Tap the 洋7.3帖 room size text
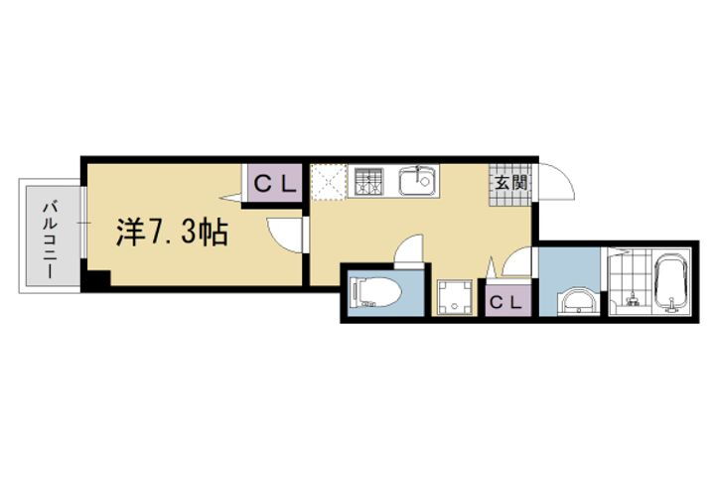[x=173, y=234]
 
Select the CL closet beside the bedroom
[x=271, y=183]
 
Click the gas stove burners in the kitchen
[x=368, y=182]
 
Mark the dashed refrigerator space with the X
[x=327, y=182]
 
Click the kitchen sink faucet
[x=420, y=171]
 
